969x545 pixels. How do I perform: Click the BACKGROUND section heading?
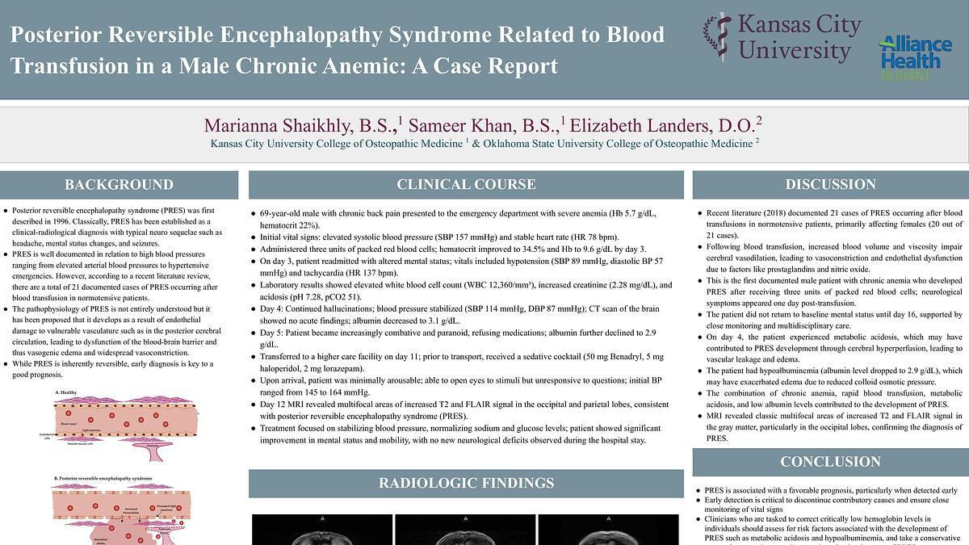pyautogui.click(x=119, y=185)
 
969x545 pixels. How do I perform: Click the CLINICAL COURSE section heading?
pyautogui.click(x=466, y=185)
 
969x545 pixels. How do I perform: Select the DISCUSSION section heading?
pyautogui.click(x=830, y=185)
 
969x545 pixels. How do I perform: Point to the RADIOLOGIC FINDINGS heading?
pyautogui.click(x=466, y=484)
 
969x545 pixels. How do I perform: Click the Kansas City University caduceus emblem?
pyautogui.click(x=715, y=36)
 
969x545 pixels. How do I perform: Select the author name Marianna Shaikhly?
pyautogui.click(x=299, y=126)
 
